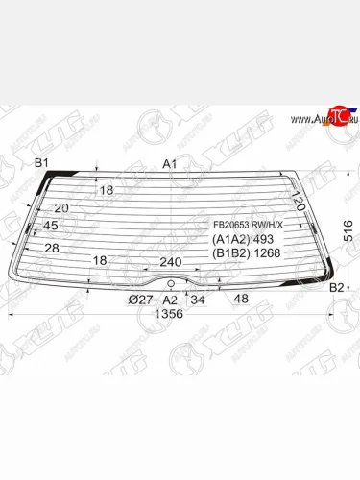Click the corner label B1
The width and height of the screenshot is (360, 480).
42,163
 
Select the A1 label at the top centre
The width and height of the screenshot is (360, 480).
170,163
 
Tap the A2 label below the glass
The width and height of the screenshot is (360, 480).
170,300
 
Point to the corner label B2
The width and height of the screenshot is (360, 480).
336,287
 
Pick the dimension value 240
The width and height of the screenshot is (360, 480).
171,261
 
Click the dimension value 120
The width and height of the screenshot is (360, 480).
298,203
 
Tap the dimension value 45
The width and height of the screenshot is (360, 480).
51,226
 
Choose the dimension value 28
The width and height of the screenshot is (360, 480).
52,249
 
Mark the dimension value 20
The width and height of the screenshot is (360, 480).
61,207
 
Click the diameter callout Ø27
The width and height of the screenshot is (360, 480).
140,300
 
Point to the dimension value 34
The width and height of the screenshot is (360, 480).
198,300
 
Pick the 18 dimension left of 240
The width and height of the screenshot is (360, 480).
99,260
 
